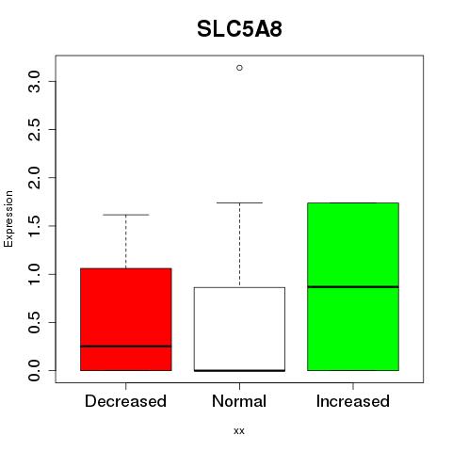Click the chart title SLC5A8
[x=239, y=29]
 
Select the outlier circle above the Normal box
[x=239, y=68]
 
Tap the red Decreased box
[x=126, y=319]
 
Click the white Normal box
[x=239, y=329]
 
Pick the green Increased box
[x=353, y=286]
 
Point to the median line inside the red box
[x=126, y=347]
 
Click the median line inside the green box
[x=353, y=287]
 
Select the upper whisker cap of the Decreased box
[x=126, y=215]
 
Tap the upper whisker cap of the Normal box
[x=239, y=202]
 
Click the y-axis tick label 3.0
[x=34, y=82]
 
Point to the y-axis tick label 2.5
[x=34, y=130]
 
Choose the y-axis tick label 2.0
[x=34, y=178]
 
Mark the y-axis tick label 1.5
[x=34, y=226]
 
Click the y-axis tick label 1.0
[x=34, y=274]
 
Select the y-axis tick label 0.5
[x=34, y=322]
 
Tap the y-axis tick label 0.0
[x=34, y=370]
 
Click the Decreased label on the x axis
[x=125, y=401]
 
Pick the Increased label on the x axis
[x=353, y=401]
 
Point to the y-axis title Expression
[x=8, y=218]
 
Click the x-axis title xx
[x=239, y=431]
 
